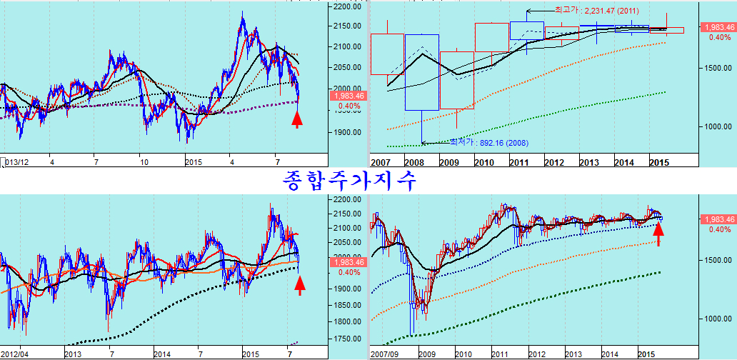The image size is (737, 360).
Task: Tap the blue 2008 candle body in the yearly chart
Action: click(422, 72)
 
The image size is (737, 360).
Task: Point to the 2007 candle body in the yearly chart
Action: click(388, 54)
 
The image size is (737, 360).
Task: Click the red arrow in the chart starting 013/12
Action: click(297, 118)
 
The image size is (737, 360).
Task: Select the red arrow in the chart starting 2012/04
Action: click(300, 285)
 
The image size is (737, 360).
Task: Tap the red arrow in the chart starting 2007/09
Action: click(658, 234)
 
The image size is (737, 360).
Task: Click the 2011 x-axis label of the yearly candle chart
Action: click(519, 162)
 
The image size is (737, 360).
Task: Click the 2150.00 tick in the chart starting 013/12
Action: click(348, 26)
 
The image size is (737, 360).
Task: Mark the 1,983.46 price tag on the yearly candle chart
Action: click(718, 27)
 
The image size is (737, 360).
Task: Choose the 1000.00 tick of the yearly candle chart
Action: click(716, 127)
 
